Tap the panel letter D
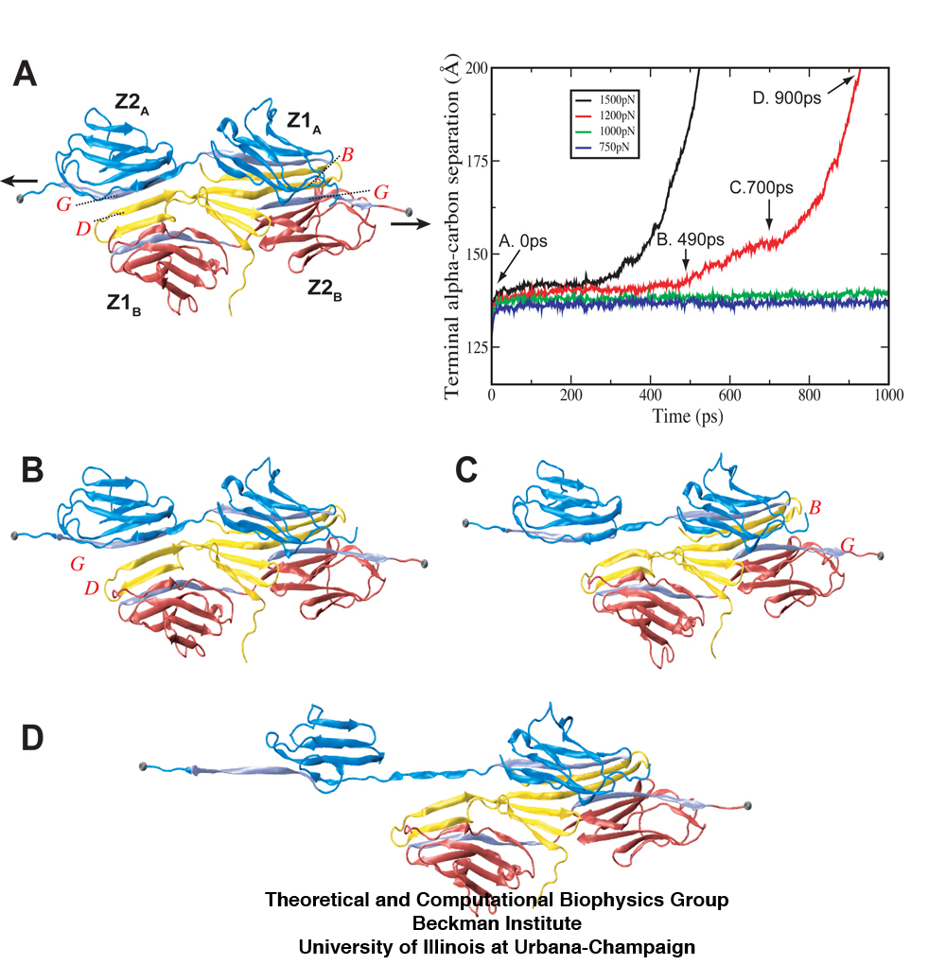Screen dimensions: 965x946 pos(32,739)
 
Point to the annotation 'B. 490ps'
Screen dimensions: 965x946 pos(691,239)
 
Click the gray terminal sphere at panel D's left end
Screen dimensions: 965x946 pos(143,764)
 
